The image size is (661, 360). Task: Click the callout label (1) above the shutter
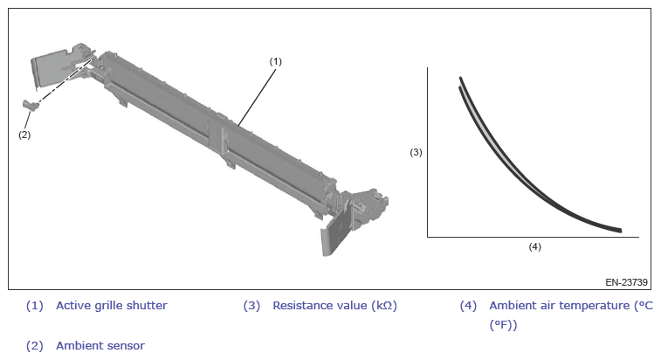pos(275,62)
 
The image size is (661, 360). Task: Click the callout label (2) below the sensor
pos(24,135)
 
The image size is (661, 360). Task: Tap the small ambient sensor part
pos(31,105)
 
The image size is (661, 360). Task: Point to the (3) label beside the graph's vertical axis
pos(417,152)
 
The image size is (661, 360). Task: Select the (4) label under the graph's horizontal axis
pos(535,246)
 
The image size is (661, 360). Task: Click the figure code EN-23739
pos(626,282)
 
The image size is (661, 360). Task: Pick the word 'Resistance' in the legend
pos(299,305)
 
